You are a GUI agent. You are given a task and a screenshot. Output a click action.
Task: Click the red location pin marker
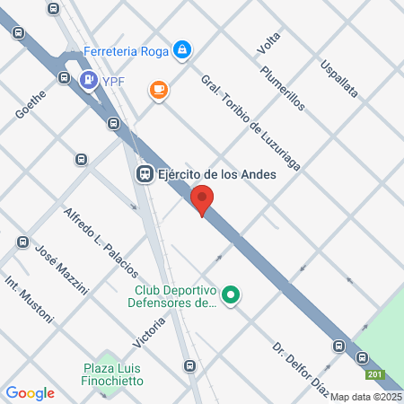pyautogui.click(x=203, y=199)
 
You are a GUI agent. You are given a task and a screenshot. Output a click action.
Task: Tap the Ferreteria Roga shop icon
pyautogui.click(x=182, y=48)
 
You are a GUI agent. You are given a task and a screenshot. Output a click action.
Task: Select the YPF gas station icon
pyautogui.click(x=88, y=81)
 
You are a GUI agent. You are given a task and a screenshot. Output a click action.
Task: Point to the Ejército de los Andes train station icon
pyautogui.click(x=143, y=174)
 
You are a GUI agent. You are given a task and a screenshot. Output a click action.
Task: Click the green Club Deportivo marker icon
pyautogui.click(x=231, y=294)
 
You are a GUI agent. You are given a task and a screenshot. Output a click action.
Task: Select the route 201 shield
pyautogui.click(x=376, y=374)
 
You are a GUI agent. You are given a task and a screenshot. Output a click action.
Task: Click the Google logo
pyautogui.click(x=30, y=393)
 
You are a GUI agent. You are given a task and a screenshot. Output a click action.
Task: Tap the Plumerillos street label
pyautogui.click(x=283, y=87)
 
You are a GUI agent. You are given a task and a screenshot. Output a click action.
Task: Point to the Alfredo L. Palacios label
pyautogui.click(x=101, y=242)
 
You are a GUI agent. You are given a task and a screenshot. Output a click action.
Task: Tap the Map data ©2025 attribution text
pyautogui.click(x=366, y=397)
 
